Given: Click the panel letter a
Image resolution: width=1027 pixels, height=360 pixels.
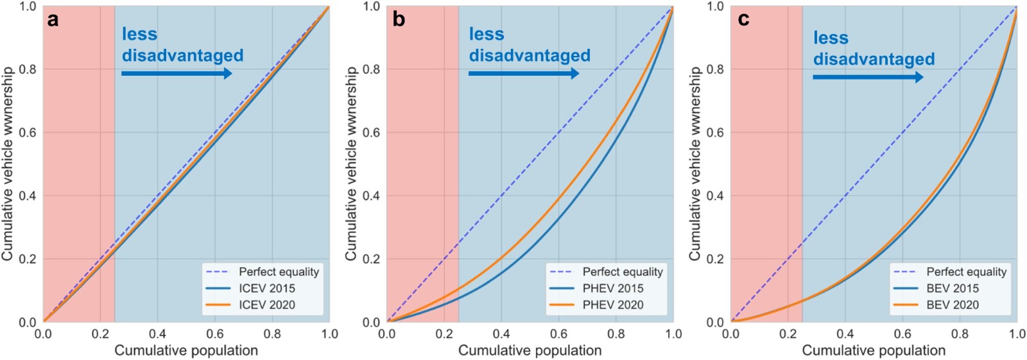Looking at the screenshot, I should coord(53,20).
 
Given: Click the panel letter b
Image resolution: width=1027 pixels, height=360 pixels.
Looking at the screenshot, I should coord(399,20).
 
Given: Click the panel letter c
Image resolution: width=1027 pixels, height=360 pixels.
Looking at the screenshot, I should coord(743,20).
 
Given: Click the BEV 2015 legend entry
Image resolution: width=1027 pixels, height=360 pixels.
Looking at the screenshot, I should coord(953,288).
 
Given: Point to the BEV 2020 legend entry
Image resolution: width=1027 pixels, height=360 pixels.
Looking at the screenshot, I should coord(953,305).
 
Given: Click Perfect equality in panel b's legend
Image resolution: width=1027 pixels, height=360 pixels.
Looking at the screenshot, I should coord(622,271).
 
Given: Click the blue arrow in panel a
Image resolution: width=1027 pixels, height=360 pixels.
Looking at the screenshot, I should coord(177,74).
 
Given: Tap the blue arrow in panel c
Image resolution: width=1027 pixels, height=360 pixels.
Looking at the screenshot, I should coord(868,78).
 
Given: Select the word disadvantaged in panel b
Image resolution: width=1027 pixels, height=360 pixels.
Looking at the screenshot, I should coord(530,56).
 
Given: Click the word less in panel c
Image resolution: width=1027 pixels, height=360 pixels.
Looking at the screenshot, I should coord(831,39).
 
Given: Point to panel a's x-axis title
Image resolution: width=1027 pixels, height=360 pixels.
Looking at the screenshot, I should coord(186,350).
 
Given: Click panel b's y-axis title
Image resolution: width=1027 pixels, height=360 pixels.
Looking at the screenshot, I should coord(351,164).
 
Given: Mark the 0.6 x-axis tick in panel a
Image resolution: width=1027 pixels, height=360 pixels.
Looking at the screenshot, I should coord(215,334).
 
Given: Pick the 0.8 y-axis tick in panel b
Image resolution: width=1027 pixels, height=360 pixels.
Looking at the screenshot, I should coord(372,69).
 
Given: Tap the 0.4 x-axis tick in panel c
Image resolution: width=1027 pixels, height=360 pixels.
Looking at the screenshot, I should coord(845,334).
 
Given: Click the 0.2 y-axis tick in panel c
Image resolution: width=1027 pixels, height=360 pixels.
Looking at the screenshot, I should coord(715,259).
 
